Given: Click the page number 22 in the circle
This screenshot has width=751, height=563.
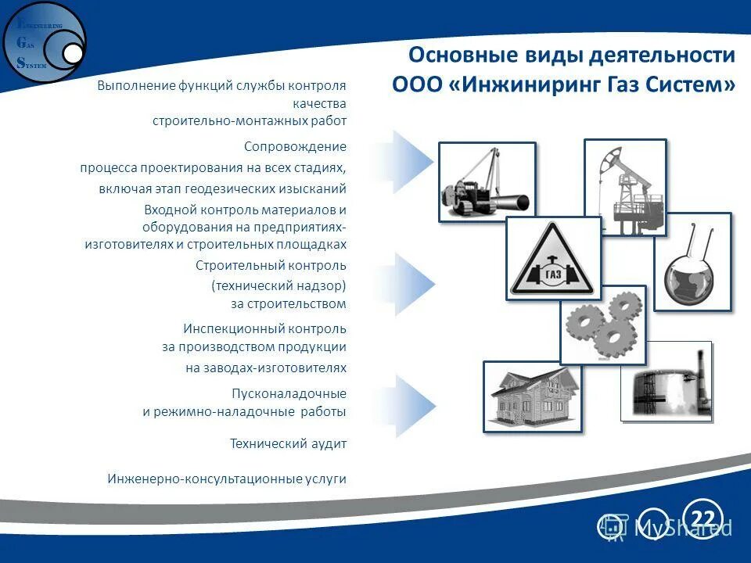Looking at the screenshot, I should pyautogui.click(x=702, y=518).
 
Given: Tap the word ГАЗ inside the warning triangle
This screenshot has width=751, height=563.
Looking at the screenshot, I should pyautogui.click(x=553, y=274).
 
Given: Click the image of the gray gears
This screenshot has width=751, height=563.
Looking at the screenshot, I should pyautogui.click(x=602, y=325).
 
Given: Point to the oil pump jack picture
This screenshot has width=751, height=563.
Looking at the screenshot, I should pyautogui.click(x=624, y=188).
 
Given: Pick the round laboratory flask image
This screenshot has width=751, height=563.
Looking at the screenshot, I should pyautogui.click(x=692, y=262).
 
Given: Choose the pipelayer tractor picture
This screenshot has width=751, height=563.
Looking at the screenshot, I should pyautogui.click(x=487, y=181).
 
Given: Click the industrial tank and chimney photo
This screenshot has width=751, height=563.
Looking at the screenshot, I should pyautogui.click(x=667, y=382).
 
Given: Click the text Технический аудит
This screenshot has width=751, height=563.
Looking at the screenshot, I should pyautogui.click(x=288, y=443).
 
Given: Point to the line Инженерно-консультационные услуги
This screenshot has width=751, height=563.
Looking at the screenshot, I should pyautogui.click(x=227, y=479).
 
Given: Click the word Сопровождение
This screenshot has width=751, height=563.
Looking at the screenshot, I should pyautogui.click(x=295, y=146).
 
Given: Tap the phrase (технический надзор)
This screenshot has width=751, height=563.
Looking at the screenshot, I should pyautogui.click(x=278, y=285).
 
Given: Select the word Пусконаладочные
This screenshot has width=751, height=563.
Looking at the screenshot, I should pyautogui.click(x=289, y=393).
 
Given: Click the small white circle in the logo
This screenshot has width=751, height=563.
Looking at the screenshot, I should pyautogui.click(x=72, y=52).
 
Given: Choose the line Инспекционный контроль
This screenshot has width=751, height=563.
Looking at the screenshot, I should pyautogui.click(x=264, y=328).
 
